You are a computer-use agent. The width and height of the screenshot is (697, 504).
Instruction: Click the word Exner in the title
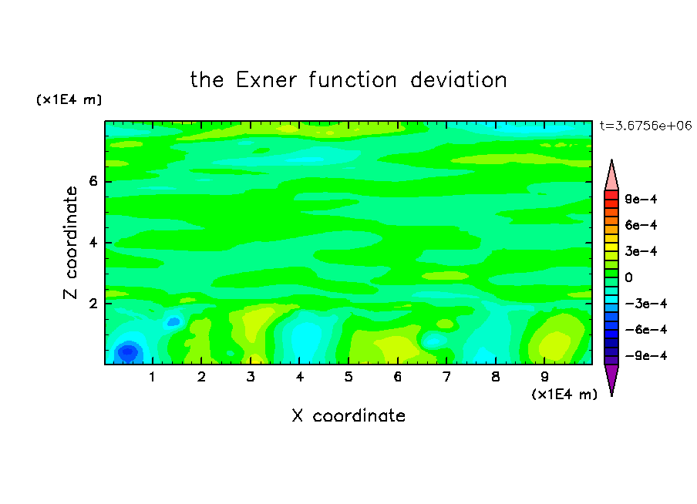click(x=266, y=80)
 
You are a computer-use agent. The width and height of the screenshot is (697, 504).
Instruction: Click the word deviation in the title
click(x=458, y=80)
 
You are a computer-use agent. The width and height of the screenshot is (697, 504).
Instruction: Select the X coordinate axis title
click(x=348, y=415)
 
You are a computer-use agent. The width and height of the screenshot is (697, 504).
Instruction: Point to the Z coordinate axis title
click(x=70, y=242)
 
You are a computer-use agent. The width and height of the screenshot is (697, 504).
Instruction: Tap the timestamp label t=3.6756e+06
click(x=645, y=126)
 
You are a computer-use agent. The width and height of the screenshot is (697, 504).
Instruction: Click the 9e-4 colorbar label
click(x=641, y=199)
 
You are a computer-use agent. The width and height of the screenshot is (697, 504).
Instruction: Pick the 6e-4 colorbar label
click(x=641, y=225)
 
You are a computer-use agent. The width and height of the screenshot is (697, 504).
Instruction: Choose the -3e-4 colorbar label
click(x=646, y=304)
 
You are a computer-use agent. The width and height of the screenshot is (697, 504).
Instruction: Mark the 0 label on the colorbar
click(x=628, y=277)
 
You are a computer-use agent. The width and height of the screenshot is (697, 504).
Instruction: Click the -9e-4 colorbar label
click(x=646, y=355)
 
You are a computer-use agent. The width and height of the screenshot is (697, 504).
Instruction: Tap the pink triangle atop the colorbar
click(x=611, y=176)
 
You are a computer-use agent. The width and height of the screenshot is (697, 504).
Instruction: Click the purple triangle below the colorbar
click(x=611, y=379)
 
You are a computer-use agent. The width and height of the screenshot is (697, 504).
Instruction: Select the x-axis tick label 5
click(x=348, y=377)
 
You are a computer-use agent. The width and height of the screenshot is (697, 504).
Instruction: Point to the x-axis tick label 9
click(x=544, y=377)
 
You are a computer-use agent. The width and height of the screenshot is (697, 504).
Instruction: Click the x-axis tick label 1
click(x=153, y=377)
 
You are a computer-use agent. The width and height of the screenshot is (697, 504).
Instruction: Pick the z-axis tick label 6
click(x=93, y=181)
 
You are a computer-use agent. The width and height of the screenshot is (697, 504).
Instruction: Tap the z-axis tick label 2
click(x=93, y=304)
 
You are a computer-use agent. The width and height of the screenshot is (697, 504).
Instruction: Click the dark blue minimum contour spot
click(x=128, y=351)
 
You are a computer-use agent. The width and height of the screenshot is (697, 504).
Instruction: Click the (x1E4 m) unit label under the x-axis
click(x=564, y=395)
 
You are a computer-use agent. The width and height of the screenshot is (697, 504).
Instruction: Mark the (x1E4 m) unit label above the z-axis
click(x=69, y=99)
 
